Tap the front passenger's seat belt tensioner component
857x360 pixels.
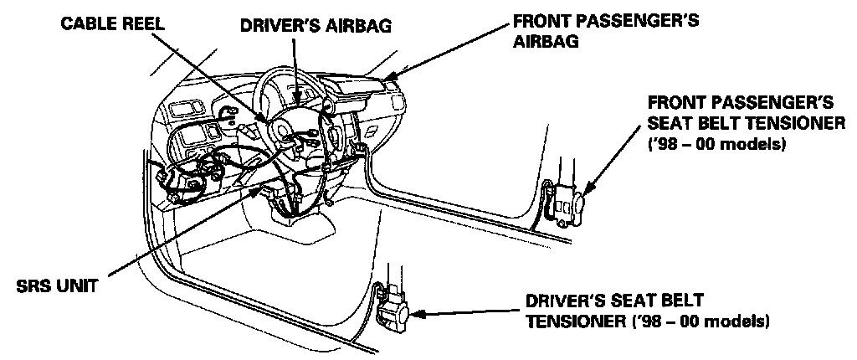pos(567,202)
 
